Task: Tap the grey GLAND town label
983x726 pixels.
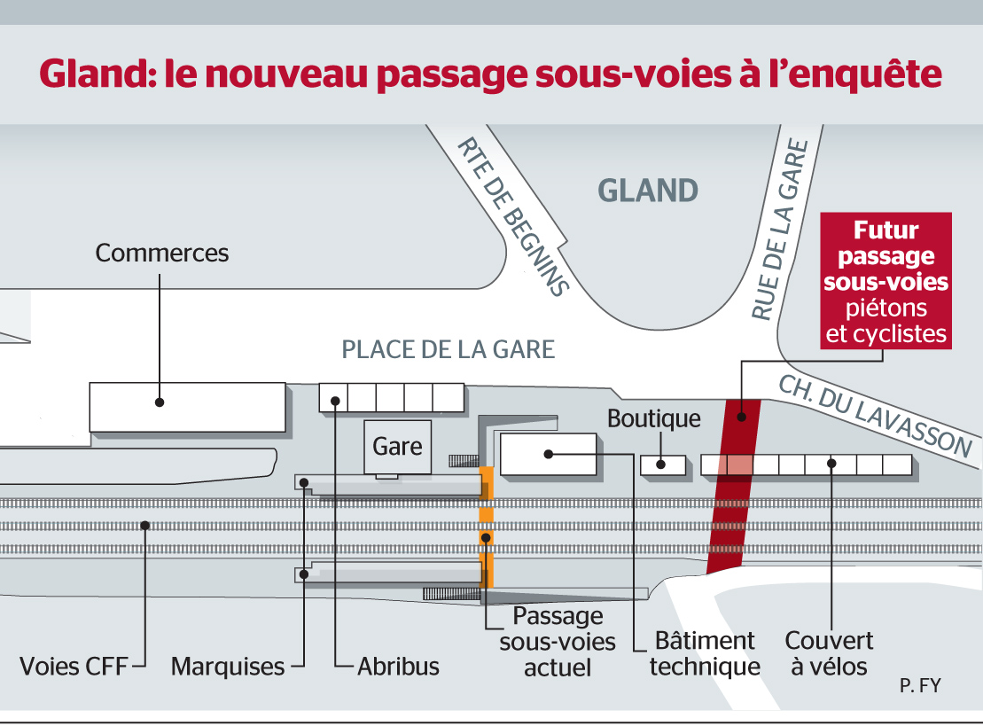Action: [x=648, y=191]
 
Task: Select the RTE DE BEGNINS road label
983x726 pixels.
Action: [x=513, y=217]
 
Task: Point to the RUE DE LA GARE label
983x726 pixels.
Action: [x=781, y=230]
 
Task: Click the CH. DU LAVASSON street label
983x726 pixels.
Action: [x=875, y=417]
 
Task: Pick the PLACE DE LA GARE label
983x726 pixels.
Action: [x=449, y=350]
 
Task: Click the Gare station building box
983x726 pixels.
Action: [x=397, y=447]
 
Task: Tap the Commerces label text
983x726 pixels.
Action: [x=161, y=254]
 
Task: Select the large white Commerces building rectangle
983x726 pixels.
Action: [x=187, y=407]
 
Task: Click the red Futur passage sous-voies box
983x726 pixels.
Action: [x=885, y=281]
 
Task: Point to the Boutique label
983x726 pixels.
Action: [x=654, y=418]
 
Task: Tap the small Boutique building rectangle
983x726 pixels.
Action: [x=663, y=464]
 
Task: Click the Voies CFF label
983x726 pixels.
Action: [x=74, y=667]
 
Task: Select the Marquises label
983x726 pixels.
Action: [x=228, y=667]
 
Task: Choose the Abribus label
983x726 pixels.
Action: [x=398, y=667]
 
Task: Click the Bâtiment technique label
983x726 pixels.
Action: [x=705, y=654]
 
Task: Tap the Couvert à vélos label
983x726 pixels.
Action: [x=829, y=654]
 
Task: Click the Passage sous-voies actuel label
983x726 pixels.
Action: [x=558, y=642]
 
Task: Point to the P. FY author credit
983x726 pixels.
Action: [x=920, y=686]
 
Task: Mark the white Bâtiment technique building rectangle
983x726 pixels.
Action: [x=548, y=454]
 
